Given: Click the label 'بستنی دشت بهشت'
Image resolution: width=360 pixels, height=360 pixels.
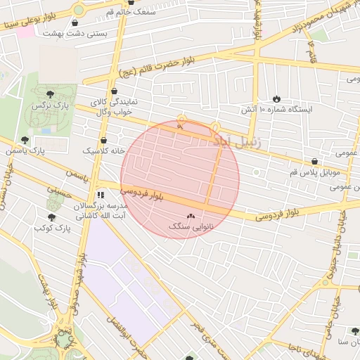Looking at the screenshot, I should click(69, 33).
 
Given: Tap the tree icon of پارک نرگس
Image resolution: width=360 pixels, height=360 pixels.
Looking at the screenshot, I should click(49, 94).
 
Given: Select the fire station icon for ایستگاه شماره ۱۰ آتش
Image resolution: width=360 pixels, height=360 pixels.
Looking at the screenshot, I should click(276, 99).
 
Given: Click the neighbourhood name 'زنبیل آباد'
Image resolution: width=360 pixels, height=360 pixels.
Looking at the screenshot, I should click(236, 141).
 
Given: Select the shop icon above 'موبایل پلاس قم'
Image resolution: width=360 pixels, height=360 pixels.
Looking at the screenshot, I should click(314, 162).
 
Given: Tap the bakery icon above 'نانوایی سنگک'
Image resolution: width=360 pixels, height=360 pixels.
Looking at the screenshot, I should click(191, 217).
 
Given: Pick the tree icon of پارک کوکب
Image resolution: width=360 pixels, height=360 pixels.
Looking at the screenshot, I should click(51, 217).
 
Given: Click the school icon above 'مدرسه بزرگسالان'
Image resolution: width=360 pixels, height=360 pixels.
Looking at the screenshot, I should click(101, 195).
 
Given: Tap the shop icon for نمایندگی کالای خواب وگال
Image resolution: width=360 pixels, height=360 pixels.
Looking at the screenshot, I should click(114, 91).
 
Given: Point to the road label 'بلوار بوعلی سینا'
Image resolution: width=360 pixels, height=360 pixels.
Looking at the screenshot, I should click(34, 20).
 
